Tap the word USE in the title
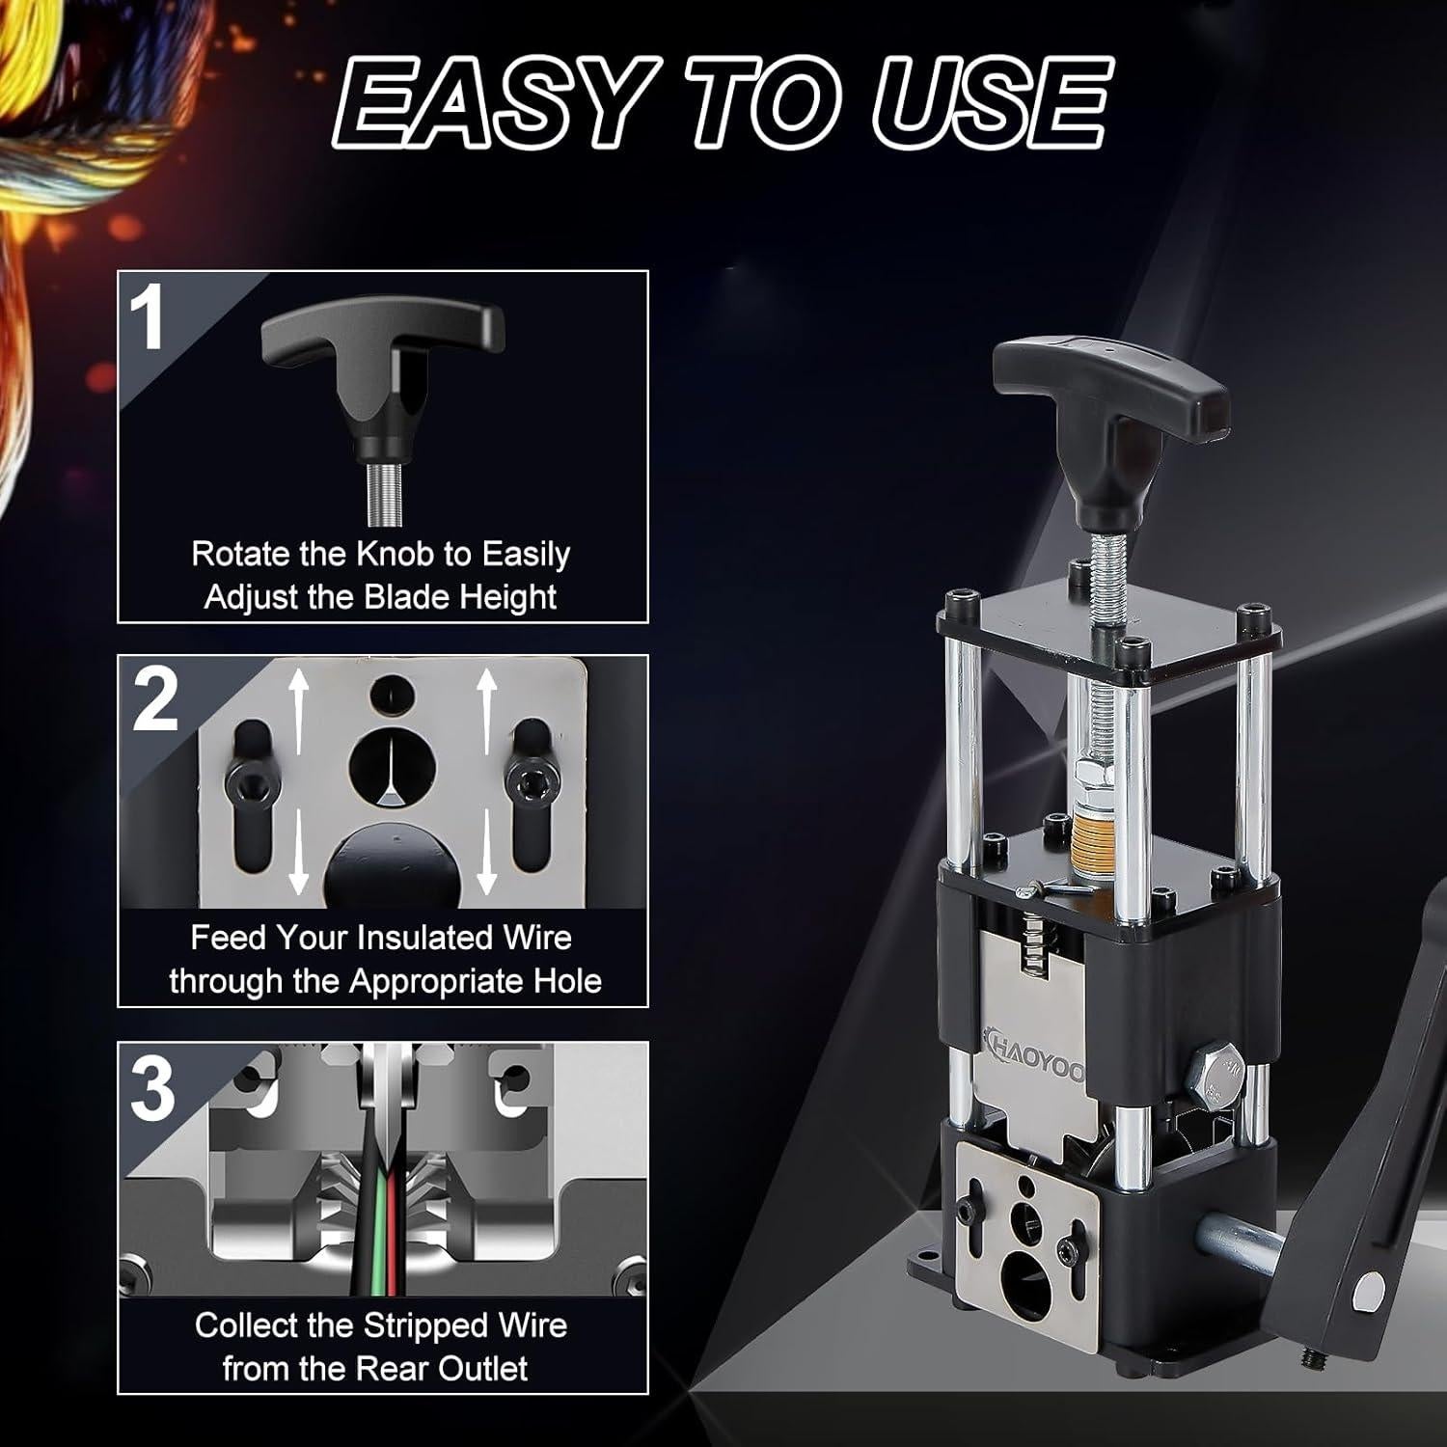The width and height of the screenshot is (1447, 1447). pyautogui.click(x=994, y=113)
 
